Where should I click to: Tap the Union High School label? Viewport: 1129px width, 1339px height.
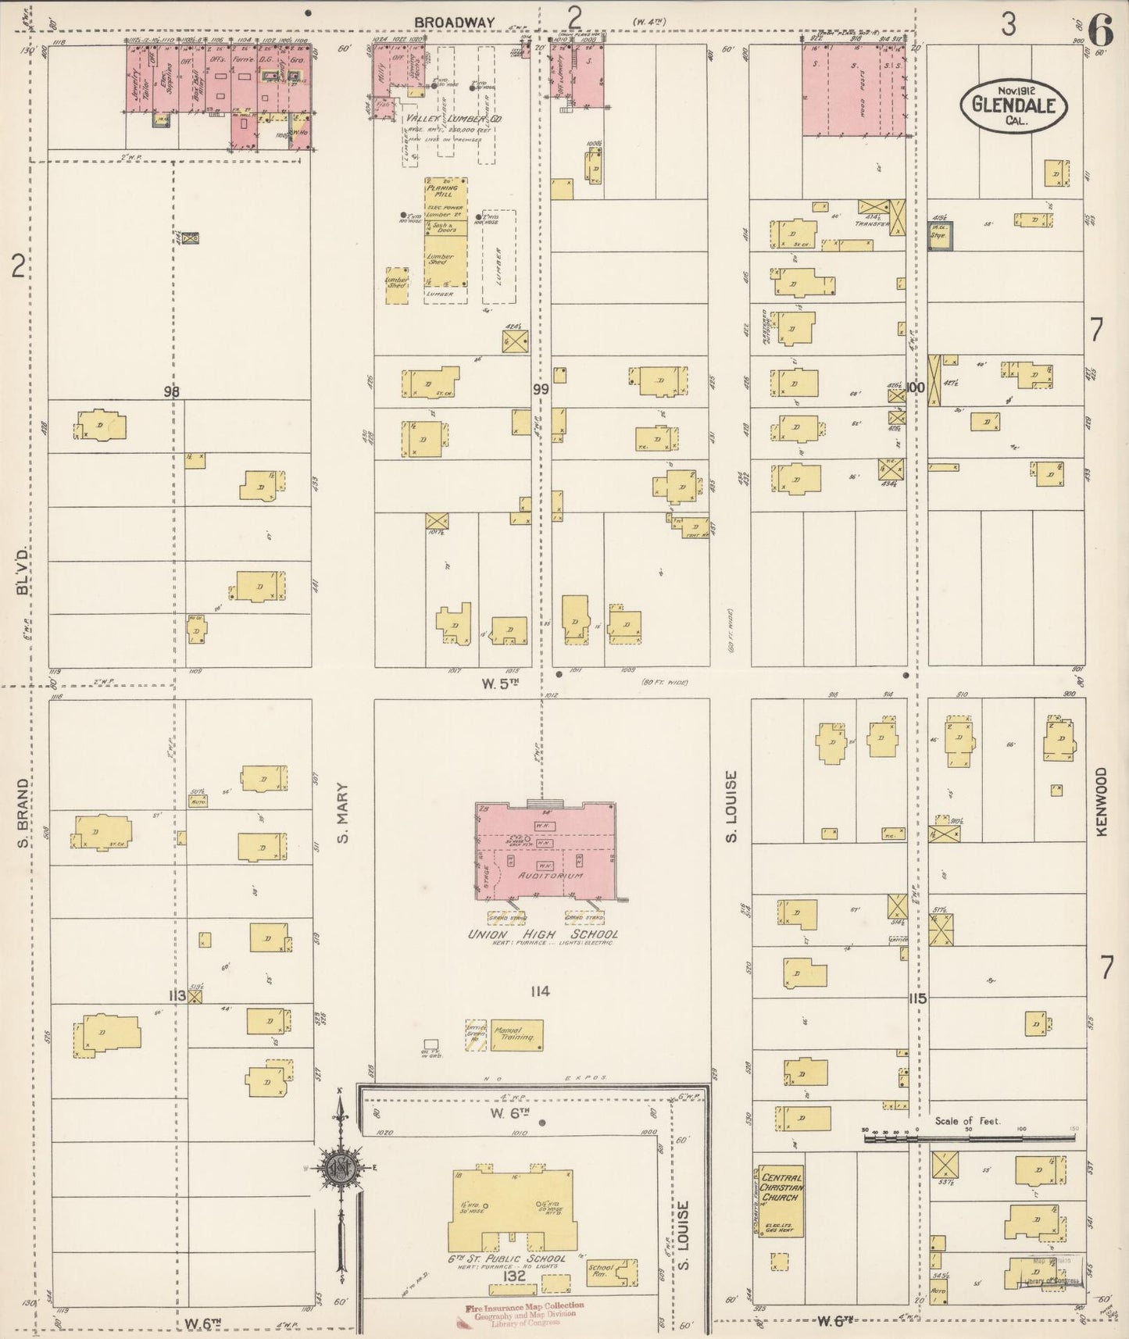[542, 934]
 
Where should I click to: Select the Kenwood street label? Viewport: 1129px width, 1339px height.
[1102, 801]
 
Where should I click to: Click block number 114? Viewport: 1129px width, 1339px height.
[539, 991]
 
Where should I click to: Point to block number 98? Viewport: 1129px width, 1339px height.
[173, 391]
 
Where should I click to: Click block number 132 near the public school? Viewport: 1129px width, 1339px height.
[515, 1276]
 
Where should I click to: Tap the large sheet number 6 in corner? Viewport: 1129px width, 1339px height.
[1099, 31]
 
